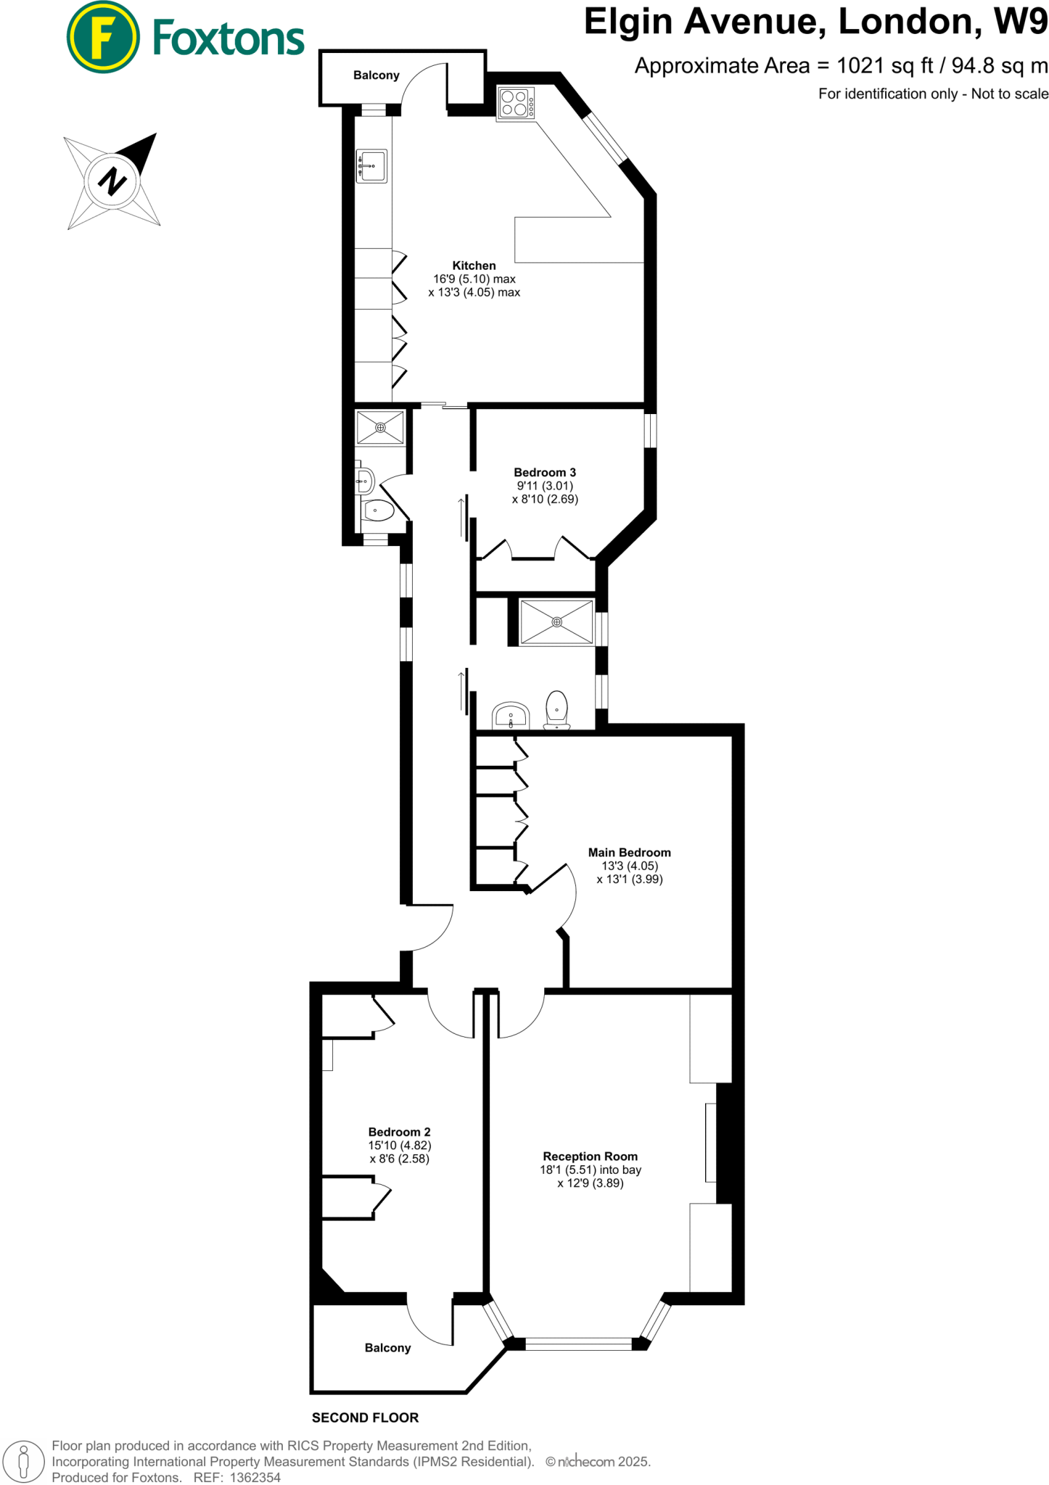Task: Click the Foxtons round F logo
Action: [x=103, y=38]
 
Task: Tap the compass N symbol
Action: [x=112, y=181]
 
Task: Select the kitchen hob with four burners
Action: [x=516, y=103]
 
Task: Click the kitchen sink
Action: [x=372, y=166]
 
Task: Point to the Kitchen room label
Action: [x=474, y=266]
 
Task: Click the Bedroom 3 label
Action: [x=544, y=473]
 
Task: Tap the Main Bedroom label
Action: [x=629, y=853]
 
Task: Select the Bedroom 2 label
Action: [x=399, y=1132]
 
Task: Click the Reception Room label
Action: [x=590, y=1157]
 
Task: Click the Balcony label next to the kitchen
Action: [x=376, y=75]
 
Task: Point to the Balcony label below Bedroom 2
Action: [x=387, y=1348]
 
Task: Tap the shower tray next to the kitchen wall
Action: [x=380, y=428]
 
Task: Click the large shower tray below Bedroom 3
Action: [x=556, y=622]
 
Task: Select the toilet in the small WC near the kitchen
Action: [x=378, y=510]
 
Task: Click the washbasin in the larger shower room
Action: [x=511, y=716]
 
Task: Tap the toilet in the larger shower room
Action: [x=556, y=709]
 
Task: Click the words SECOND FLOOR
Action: [x=365, y=1418]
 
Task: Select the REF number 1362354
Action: [x=255, y=1477]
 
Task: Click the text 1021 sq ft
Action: [x=884, y=66]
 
